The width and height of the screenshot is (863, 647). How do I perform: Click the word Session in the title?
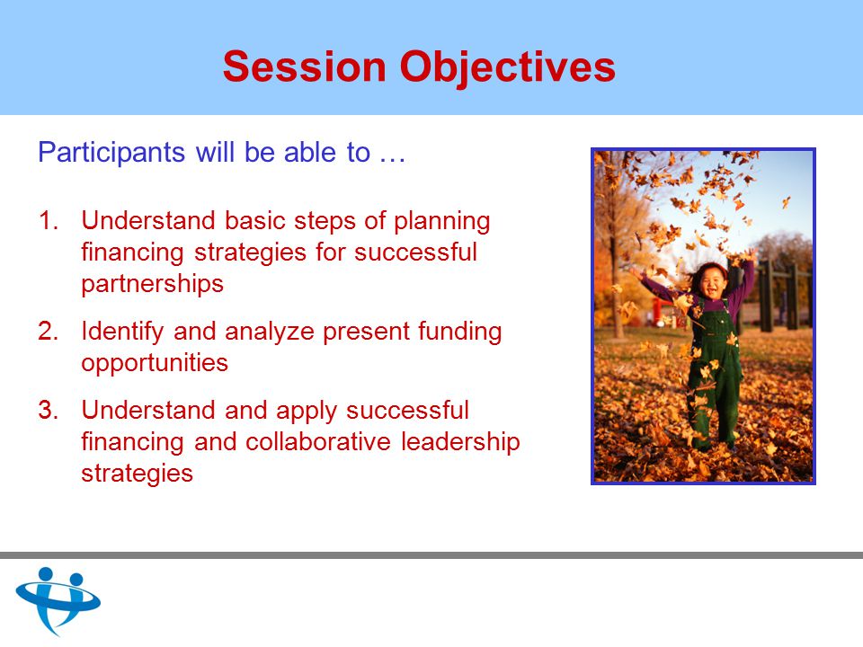[305, 66]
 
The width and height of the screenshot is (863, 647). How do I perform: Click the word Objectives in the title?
[507, 67]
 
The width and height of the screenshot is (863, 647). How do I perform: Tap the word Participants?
[111, 153]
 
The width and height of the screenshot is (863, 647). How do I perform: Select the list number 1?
[49, 221]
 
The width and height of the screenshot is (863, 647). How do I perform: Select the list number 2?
[49, 332]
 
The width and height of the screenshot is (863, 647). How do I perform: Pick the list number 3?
[49, 411]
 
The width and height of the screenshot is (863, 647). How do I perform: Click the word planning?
[442, 222]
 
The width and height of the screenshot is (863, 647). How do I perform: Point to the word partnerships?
[153, 285]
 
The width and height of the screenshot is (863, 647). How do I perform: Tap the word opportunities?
[155, 364]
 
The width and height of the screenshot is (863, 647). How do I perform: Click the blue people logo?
[58, 599]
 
